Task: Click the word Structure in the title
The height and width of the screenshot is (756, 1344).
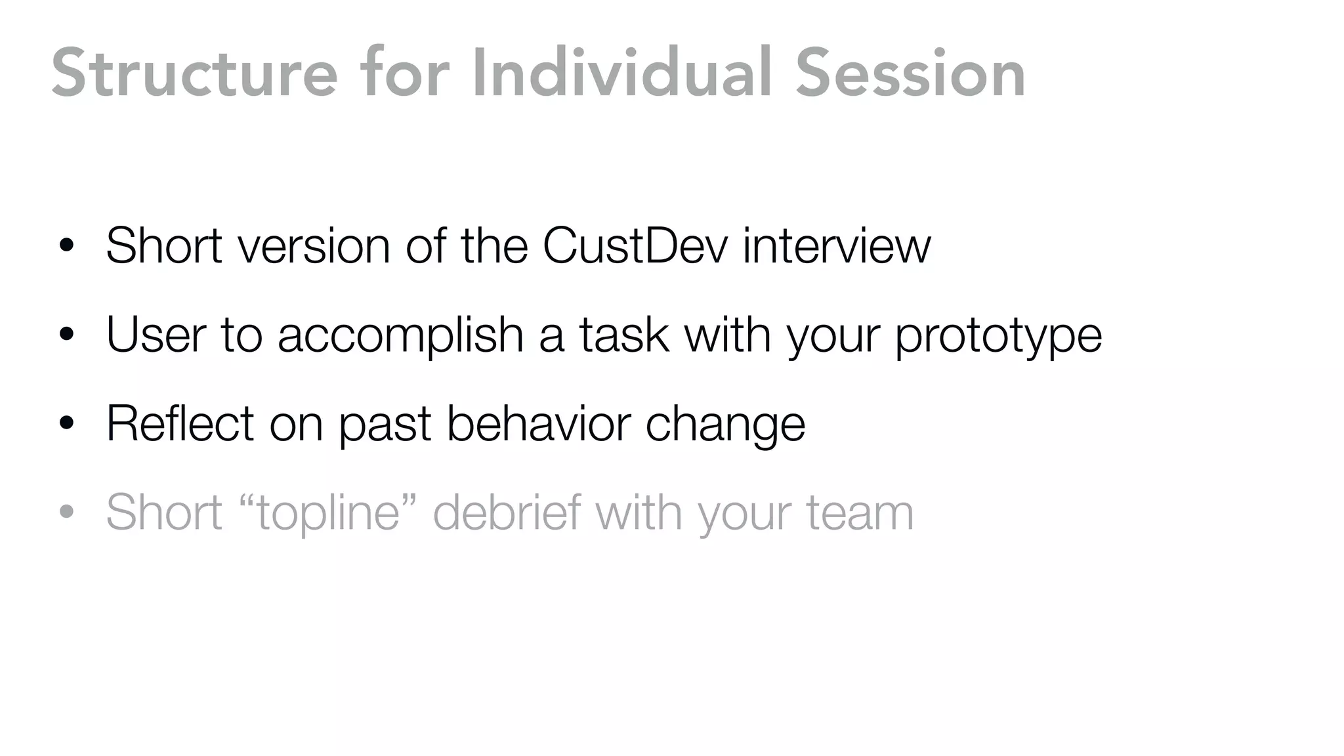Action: coord(194,73)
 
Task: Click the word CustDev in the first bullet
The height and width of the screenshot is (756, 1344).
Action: coord(635,246)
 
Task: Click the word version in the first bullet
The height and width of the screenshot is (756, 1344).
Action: coord(314,246)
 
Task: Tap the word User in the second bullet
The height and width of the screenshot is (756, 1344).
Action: coord(156,335)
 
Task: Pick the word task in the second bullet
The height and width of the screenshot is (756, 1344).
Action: coord(623,335)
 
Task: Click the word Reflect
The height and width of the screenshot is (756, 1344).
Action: coord(179,423)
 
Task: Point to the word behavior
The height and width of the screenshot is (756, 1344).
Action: coord(537,423)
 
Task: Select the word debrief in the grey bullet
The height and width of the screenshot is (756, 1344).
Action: coord(507,512)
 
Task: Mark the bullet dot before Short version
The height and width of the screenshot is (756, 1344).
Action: coord(66,247)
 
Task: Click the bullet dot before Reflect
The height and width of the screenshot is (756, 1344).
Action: coord(66,424)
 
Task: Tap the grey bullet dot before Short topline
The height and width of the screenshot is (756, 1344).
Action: coord(66,513)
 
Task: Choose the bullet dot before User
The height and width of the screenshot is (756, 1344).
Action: coord(66,335)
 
